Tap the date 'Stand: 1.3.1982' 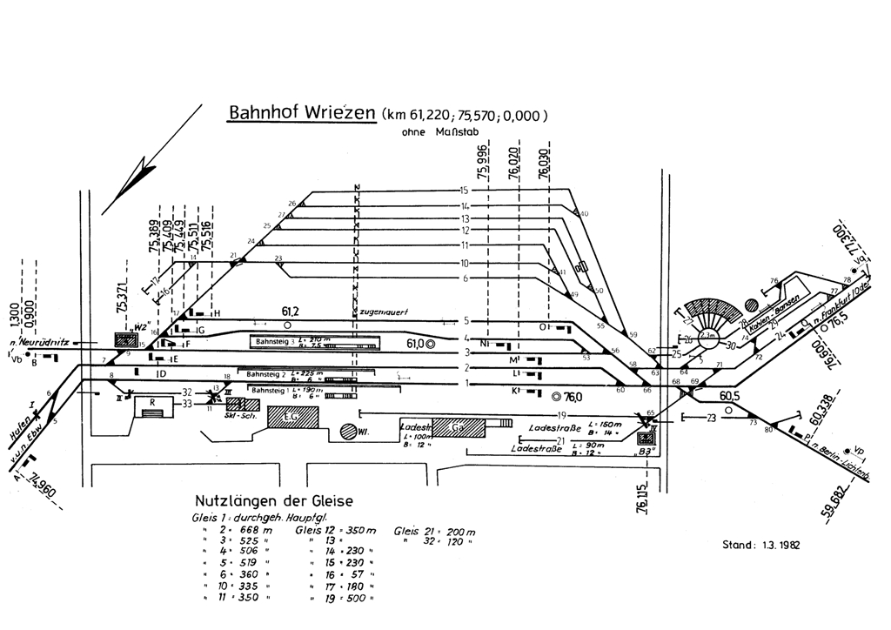760,546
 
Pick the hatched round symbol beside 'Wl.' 350,430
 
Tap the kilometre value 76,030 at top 545,163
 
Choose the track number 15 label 465,191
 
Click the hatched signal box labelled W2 125,342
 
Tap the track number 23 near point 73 711,418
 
